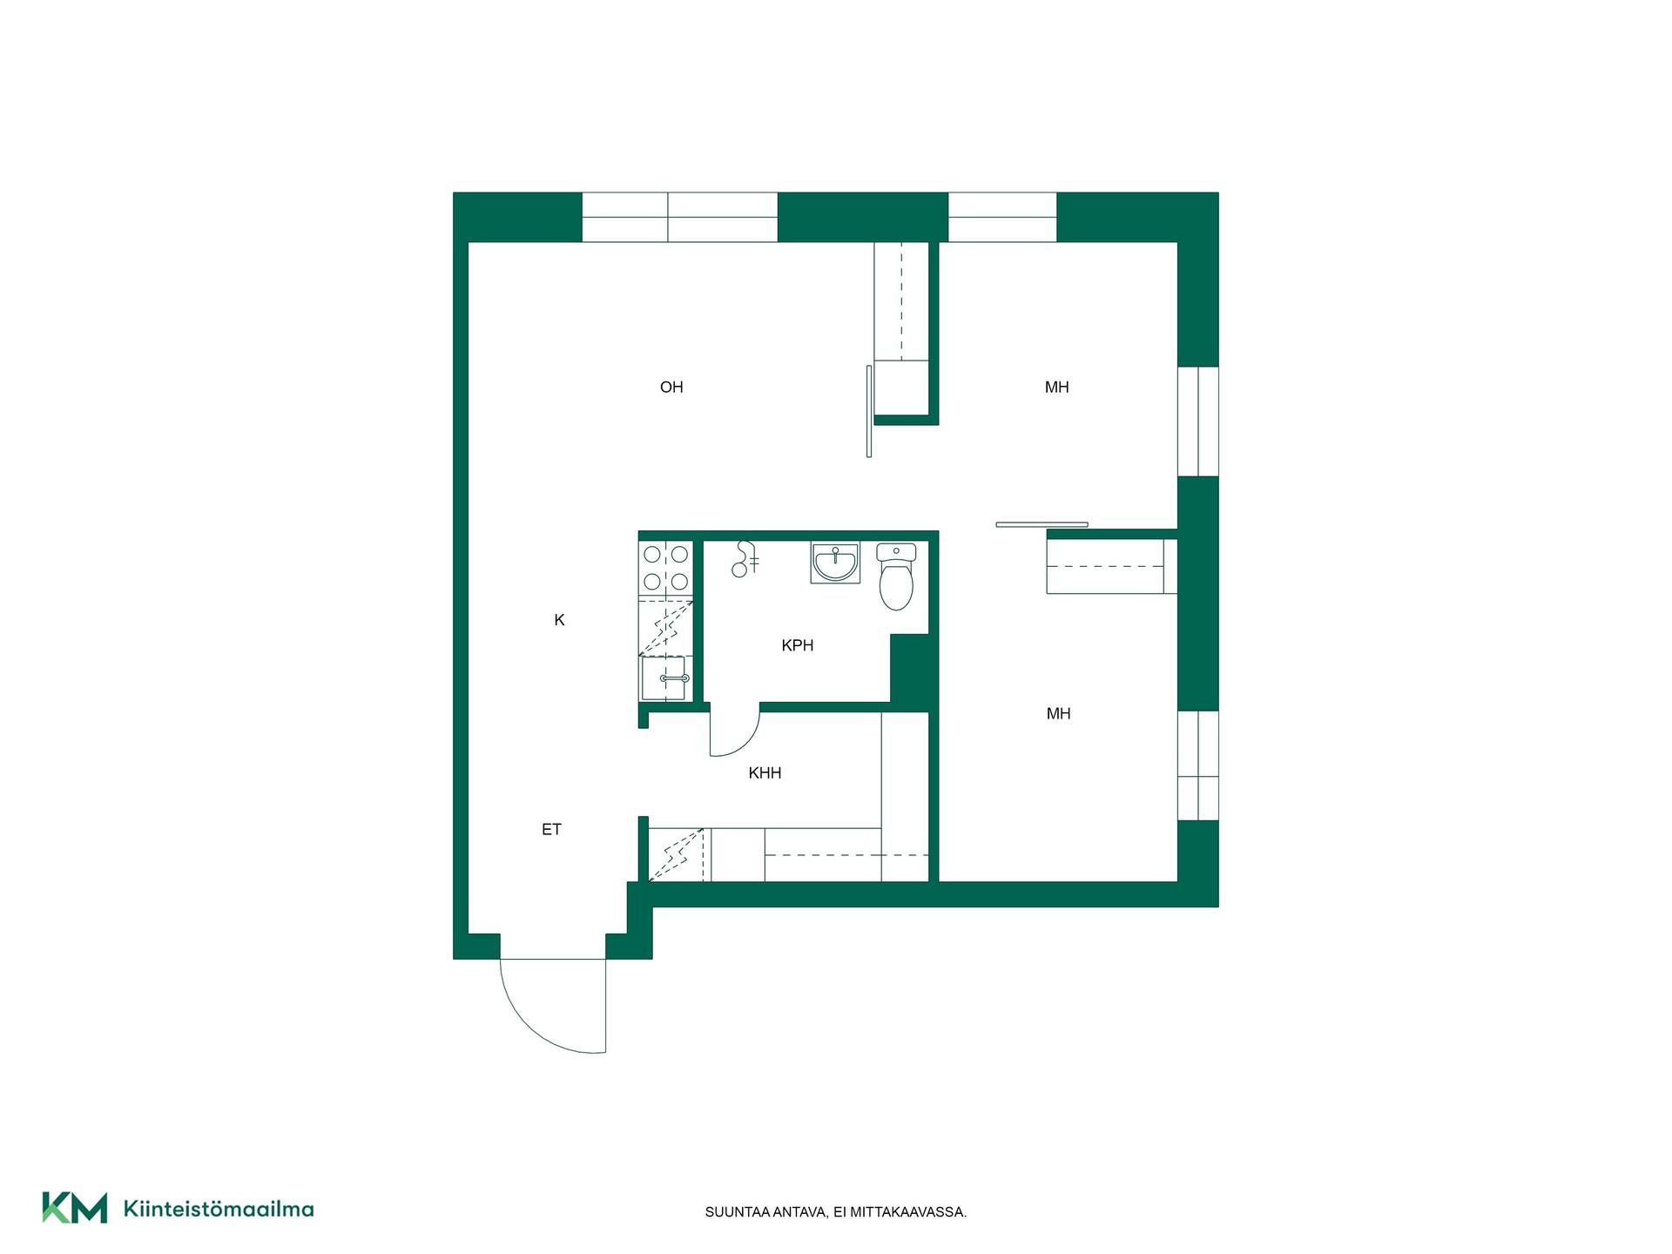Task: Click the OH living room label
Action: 671,388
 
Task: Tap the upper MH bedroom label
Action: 1056,388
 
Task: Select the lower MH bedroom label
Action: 1058,714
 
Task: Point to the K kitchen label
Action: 559,620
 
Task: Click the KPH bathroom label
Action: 798,645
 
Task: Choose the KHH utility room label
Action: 765,772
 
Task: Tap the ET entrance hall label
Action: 551,830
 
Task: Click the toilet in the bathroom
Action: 896,576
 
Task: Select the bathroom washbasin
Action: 835,563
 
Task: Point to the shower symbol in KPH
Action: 745,559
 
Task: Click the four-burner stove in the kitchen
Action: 666,568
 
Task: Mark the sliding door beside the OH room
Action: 869,411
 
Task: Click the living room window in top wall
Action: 679,217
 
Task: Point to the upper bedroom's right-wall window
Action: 1198,421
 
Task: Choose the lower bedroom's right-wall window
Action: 1198,765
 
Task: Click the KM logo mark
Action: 75,1208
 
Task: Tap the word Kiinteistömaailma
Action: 219,1209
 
